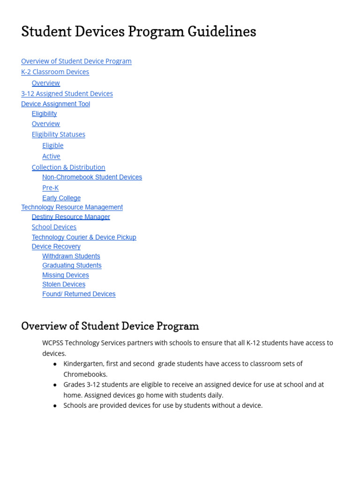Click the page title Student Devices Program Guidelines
[x=139, y=32]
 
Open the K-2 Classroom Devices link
[x=55, y=72]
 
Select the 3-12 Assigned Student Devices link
[x=67, y=94]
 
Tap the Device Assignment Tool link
[x=55, y=104]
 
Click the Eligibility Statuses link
[x=59, y=135]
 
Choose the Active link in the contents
[x=51, y=157]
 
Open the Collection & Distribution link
[x=68, y=167]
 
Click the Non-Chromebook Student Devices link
[x=92, y=177]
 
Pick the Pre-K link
[x=50, y=188]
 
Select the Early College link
[x=61, y=198]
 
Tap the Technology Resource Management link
[x=72, y=207]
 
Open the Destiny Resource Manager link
[x=71, y=217]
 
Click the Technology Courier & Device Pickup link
[x=84, y=237]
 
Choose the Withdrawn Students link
[x=71, y=256]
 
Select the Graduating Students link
[x=72, y=266]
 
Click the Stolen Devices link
[x=64, y=285]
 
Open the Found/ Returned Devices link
[x=79, y=294]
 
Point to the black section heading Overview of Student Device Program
[x=110, y=326]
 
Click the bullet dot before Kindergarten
[x=55, y=364]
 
